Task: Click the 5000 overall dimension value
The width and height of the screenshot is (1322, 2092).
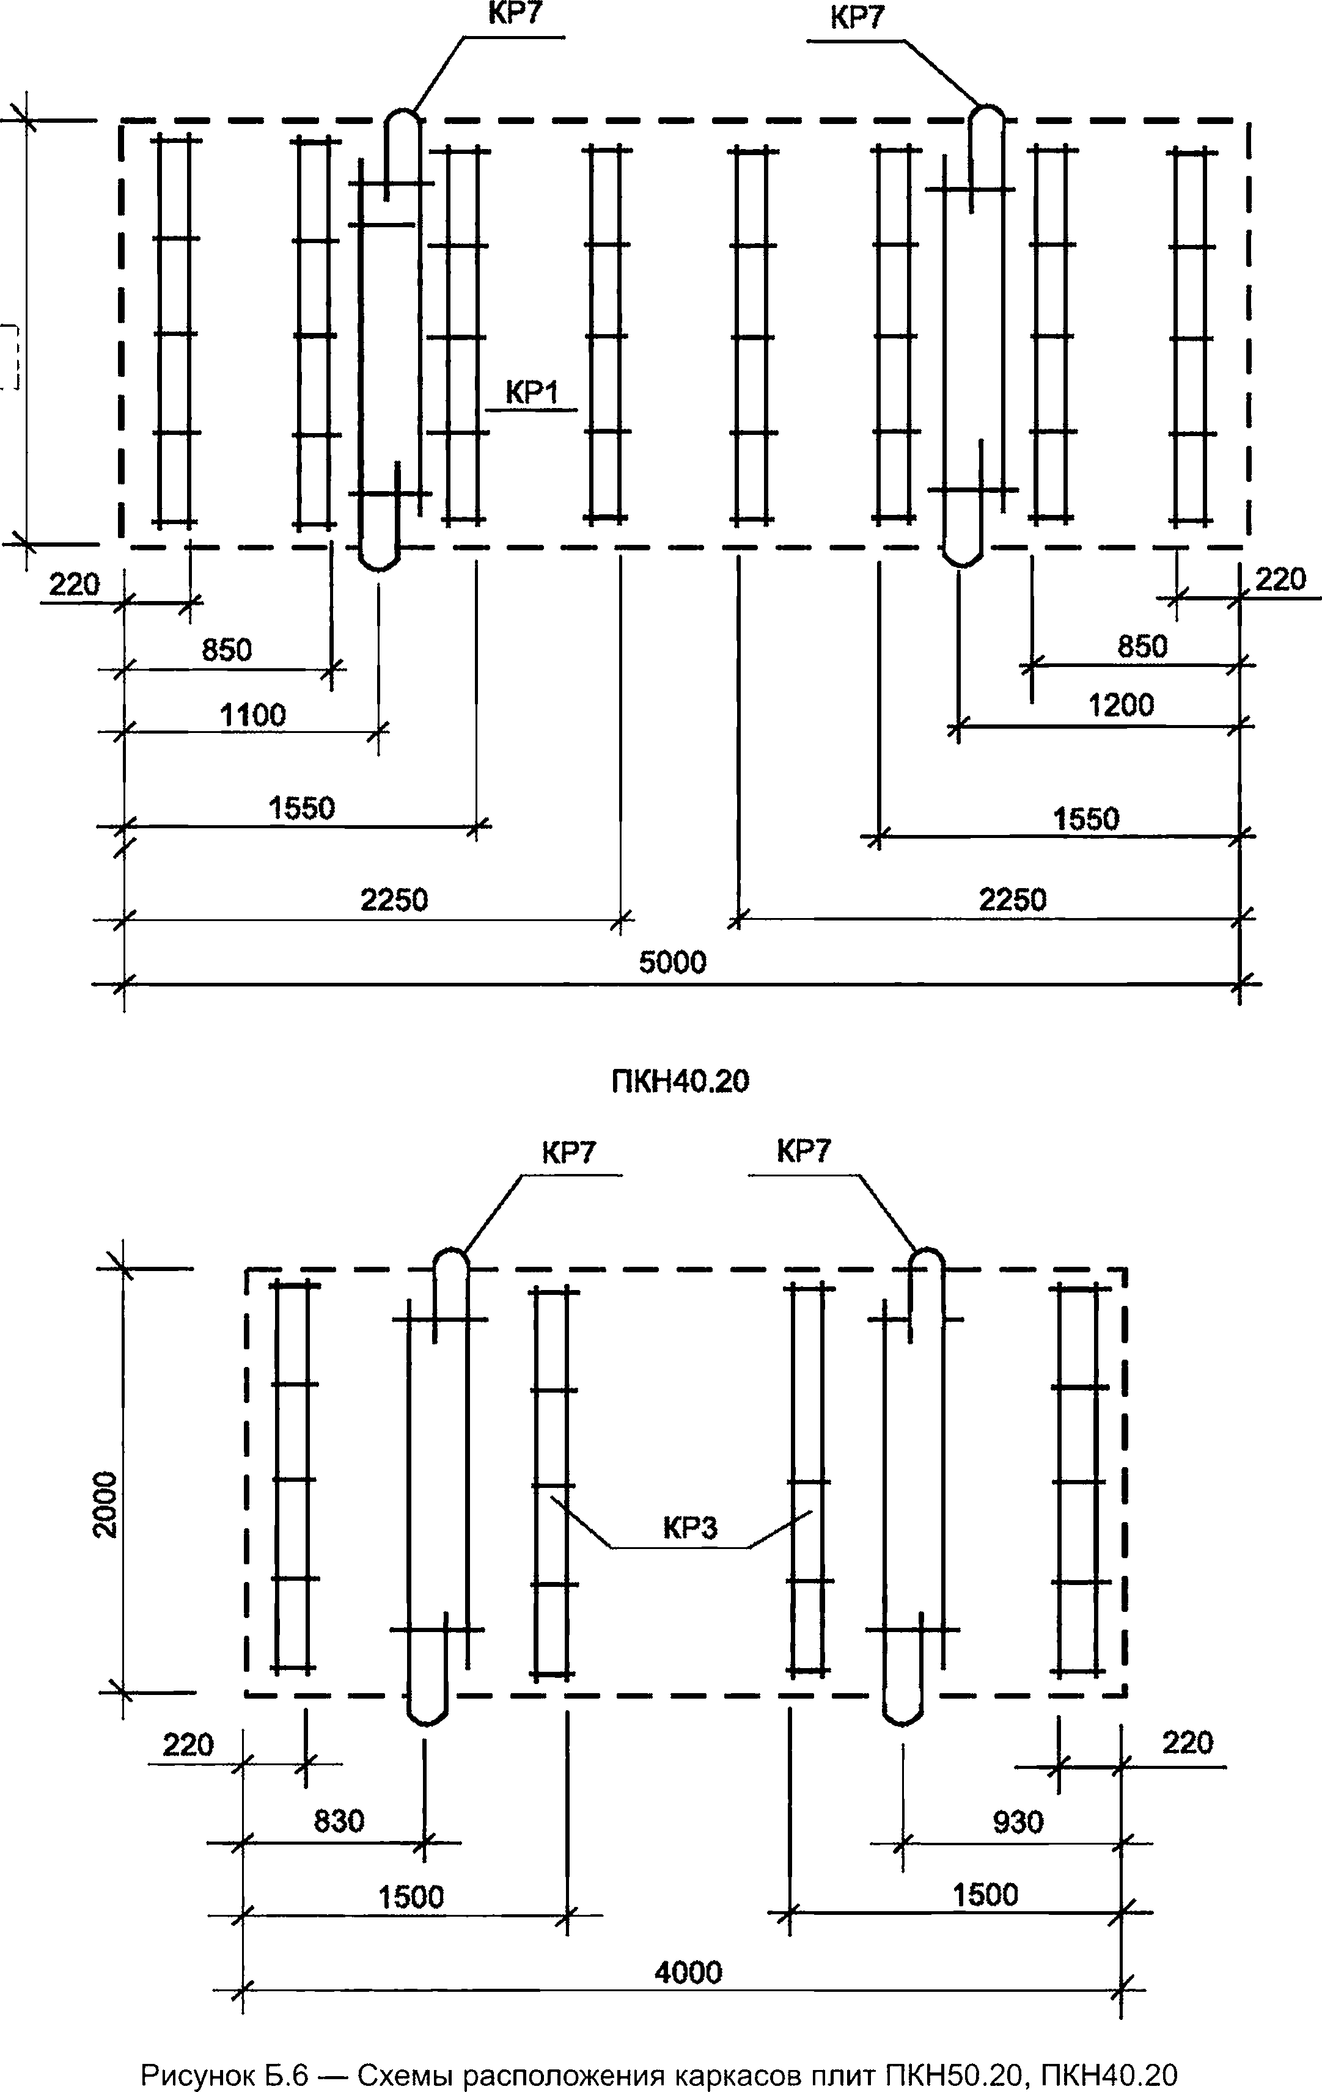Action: click(x=673, y=962)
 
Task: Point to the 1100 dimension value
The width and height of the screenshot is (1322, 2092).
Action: click(x=252, y=715)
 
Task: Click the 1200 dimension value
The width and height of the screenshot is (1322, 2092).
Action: click(x=1121, y=705)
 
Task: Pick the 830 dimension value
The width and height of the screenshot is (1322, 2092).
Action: click(x=339, y=1820)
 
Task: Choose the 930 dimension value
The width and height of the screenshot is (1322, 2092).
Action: click(x=1018, y=1822)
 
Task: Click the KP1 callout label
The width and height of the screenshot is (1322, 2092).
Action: click(x=531, y=393)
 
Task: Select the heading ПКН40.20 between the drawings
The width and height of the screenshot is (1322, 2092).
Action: click(x=680, y=1081)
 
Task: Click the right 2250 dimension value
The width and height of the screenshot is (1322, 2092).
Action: click(x=1013, y=899)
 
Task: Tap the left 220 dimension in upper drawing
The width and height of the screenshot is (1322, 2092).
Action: click(x=74, y=584)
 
